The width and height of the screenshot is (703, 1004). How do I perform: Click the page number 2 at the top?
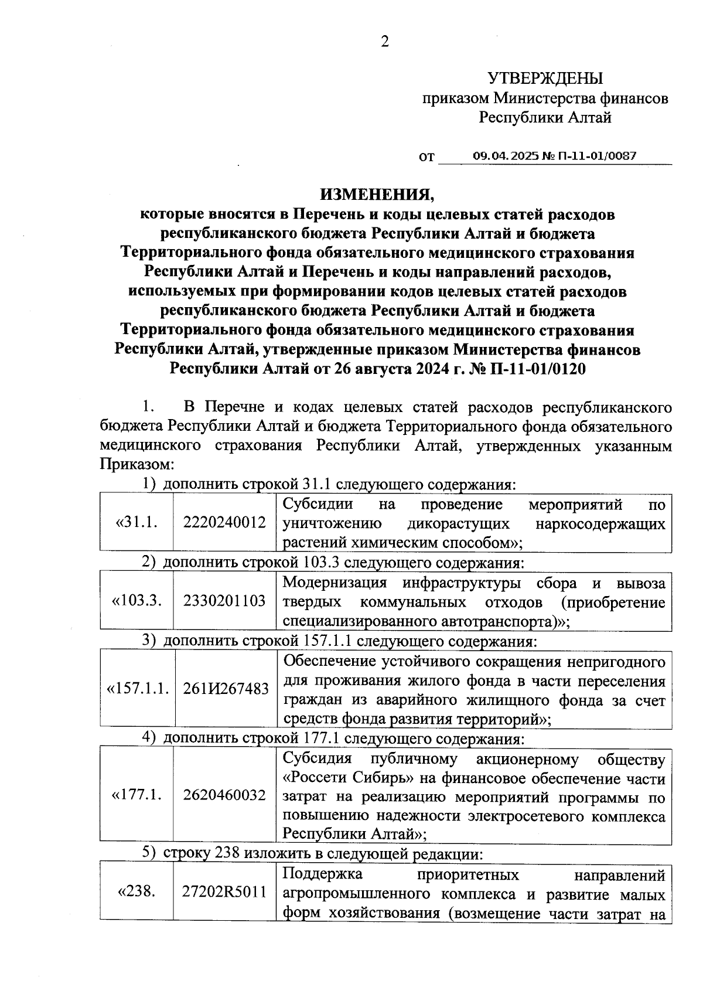pyautogui.click(x=385, y=42)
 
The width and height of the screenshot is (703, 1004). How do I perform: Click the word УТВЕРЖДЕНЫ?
pyautogui.click(x=545, y=78)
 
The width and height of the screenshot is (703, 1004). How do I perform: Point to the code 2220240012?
pyautogui.click(x=224, y=523)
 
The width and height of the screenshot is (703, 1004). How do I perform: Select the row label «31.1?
pyautogui.click(x=136, y=523)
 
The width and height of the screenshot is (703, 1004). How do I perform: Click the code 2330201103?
pyautogui.click(x=224, y=601)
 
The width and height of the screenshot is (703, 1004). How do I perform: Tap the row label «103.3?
pyautogui.click(x=136, y=601)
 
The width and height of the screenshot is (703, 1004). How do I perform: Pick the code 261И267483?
pyautogui.click(x=224, y=689)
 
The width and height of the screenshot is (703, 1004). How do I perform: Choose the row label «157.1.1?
pyautogui.click(x=136, y=689)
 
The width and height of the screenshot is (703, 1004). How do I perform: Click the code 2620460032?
pyautogui.click(x=224, y=795)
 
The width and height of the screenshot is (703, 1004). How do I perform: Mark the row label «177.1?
pyautogui.click(x=136, y=795)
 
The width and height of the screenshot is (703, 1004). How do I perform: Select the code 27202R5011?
pyautogui.click(x=224, y=893)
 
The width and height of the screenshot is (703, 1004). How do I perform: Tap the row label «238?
pyautogui.click(x=136, y=893)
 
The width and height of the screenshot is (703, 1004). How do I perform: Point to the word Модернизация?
pyautogui.click(x=335, y=583)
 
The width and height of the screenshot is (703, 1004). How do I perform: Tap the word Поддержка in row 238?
pyautogui.click(x=322, y=875)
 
